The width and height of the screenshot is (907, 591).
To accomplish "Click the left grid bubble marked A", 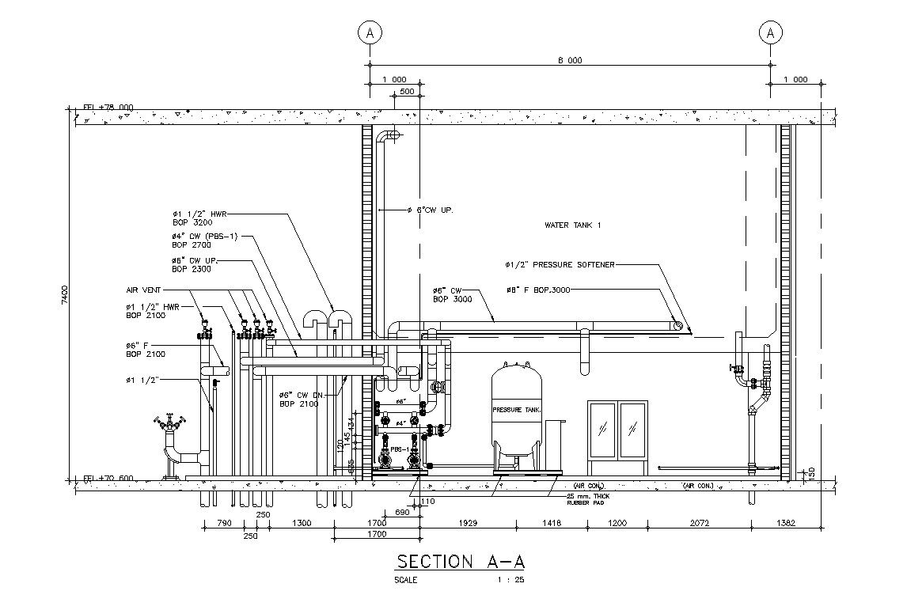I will [x=370, y=32].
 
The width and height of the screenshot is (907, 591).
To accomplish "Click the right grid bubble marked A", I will [x=770, y=32].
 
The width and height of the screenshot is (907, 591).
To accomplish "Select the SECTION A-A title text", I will [x=460, y=562].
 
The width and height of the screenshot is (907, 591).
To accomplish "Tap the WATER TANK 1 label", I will [x=573, y=225].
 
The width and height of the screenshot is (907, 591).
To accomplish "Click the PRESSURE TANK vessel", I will [x=517, y=411].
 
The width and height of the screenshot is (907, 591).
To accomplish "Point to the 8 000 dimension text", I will [x=570, y=60].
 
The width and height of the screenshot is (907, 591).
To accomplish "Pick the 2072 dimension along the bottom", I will [x=699, y=523].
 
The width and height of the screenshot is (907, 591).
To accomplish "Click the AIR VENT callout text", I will [x=145, y=290].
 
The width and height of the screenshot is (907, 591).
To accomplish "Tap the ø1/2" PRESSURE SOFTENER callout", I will [x=560, y=264].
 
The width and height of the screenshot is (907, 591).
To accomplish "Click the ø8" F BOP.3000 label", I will [x=537, y=290].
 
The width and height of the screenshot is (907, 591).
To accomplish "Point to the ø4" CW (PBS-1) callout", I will [x=204, y=236].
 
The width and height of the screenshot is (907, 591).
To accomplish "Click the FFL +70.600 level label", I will [x=108, y=479].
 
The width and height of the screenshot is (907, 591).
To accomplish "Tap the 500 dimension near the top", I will [x=407, y=92].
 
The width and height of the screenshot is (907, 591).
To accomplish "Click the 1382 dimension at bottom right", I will [x=786, y=523].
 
